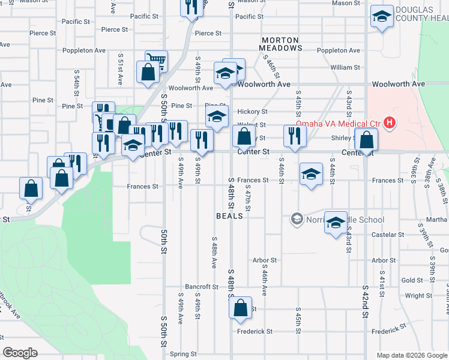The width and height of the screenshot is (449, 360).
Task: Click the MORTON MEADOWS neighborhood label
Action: tap(281, 43)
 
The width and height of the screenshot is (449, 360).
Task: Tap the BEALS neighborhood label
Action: tap(229, 215)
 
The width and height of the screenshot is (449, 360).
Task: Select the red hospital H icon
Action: tap(390, 124)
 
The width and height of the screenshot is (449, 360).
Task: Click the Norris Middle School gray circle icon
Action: tap(296, 220)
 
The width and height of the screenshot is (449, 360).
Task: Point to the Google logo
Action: tap(20, 353)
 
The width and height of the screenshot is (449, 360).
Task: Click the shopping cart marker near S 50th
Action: tap(156, 59)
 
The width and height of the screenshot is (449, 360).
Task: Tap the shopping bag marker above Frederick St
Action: tap(240, 307)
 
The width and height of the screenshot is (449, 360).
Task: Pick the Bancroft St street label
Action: tap(201, 287)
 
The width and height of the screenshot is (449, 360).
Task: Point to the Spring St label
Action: tap(184, 354)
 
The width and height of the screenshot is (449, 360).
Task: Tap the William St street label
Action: tap(345, 68)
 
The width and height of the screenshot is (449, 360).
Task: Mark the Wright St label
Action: tap(418, 296)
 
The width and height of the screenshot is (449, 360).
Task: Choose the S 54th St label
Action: tap(77, 82)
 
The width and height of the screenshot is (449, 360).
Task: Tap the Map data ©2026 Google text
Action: tap(411, 355)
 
